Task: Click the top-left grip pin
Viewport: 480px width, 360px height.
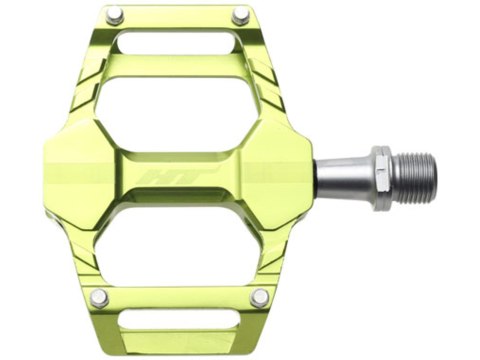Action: [x=114, y=16]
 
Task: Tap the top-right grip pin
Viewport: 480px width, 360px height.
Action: [x=240, y=16]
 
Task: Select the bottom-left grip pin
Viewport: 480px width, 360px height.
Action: [x=98, y=297]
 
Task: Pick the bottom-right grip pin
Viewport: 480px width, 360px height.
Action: [x=259, y=297]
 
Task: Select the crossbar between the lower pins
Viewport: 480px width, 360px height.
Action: [x=178, y=297]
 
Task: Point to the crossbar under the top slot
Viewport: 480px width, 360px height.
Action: [x=178, y=66]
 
